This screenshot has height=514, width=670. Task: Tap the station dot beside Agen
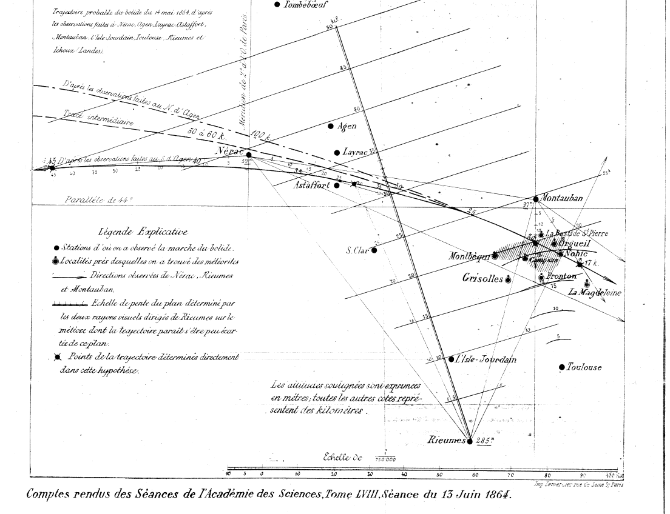pyautogui.click(x=331, y=126)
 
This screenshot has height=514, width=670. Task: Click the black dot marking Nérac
pyautogui.click(x=249, y=155)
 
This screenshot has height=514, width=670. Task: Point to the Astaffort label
pyautogui.click(x=311, y=185)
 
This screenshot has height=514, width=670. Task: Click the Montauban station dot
pyautogui.click(x=535, y=199)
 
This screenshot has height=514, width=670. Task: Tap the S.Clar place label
pyautogui.click(x=358, y=250)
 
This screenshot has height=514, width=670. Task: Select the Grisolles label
pyautogui.click(x=482, y=279)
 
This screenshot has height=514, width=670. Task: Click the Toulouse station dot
pyautogui.click(x=562, y=367)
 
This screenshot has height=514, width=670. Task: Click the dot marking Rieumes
pyautogui.click(x=469, y=441)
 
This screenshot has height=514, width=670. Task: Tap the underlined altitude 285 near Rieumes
pyautogui.click(x=484, y=441)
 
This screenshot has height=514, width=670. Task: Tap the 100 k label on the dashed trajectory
pyautogui.click(x=260, y=136)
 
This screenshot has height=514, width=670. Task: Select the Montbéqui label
pyautogui.click(x=469, y=256)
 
